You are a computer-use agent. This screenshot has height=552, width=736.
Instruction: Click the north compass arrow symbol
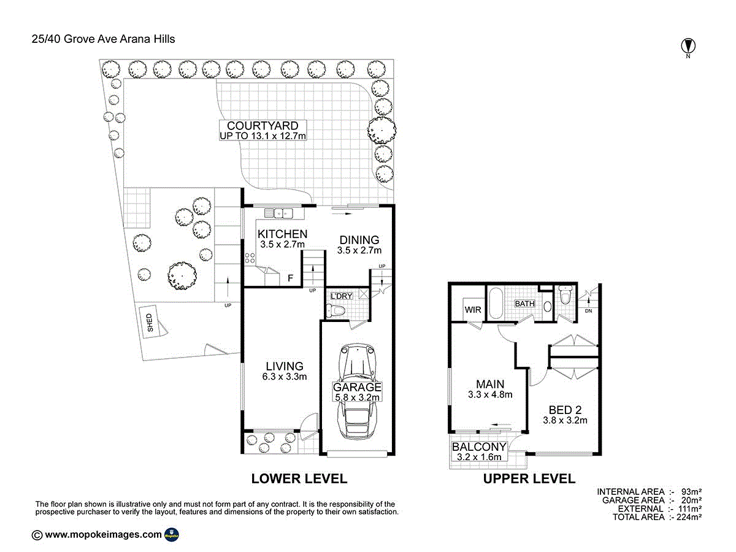pyautogui.click(x=688, y=45)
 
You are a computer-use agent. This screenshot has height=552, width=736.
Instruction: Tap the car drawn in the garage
pyautogui.click(x=357, y=391)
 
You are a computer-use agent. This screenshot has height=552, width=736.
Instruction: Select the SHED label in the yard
pyautogui.click(x=150, y=323)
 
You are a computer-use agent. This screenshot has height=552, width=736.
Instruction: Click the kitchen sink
pyautogui.click(x=278, y=213)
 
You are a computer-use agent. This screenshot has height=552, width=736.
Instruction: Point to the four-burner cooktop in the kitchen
pyautogui.click(x=250, y=258)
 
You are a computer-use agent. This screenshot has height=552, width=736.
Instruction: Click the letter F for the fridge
pyautogui.click(x=290, y=278)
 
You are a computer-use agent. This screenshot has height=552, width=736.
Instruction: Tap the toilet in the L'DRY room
pyautogui.click(x=335, y=311)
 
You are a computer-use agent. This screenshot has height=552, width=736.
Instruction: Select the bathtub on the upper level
pyautogui.click(x=496, y=304)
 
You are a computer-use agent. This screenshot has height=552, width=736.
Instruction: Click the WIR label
pyautogui.click(x=473, y=310)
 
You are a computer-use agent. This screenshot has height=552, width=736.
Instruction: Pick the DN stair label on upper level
pyautogui.click(x=588, y=311)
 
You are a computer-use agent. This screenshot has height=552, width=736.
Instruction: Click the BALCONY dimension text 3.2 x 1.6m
pyautogui.click(x=479, y=456)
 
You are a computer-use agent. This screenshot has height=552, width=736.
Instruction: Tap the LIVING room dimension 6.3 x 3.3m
pyautogui.click(x=285, y=377)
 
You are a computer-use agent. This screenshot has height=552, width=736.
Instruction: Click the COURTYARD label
pyautogui.click(x=263, y=126)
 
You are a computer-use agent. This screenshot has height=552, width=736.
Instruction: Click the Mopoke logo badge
pyautogui.click(x=171, y=535)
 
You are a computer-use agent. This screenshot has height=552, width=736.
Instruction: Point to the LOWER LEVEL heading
pyautogui.click(x=299, y=478)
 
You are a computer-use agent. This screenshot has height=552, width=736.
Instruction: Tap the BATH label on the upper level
pyautogui.click(x=525, y=304)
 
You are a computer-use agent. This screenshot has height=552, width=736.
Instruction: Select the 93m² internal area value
pyautogui.click(x=691, y=492)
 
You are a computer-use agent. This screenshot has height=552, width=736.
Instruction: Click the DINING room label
pyautogui.click(x=359, y=240)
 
